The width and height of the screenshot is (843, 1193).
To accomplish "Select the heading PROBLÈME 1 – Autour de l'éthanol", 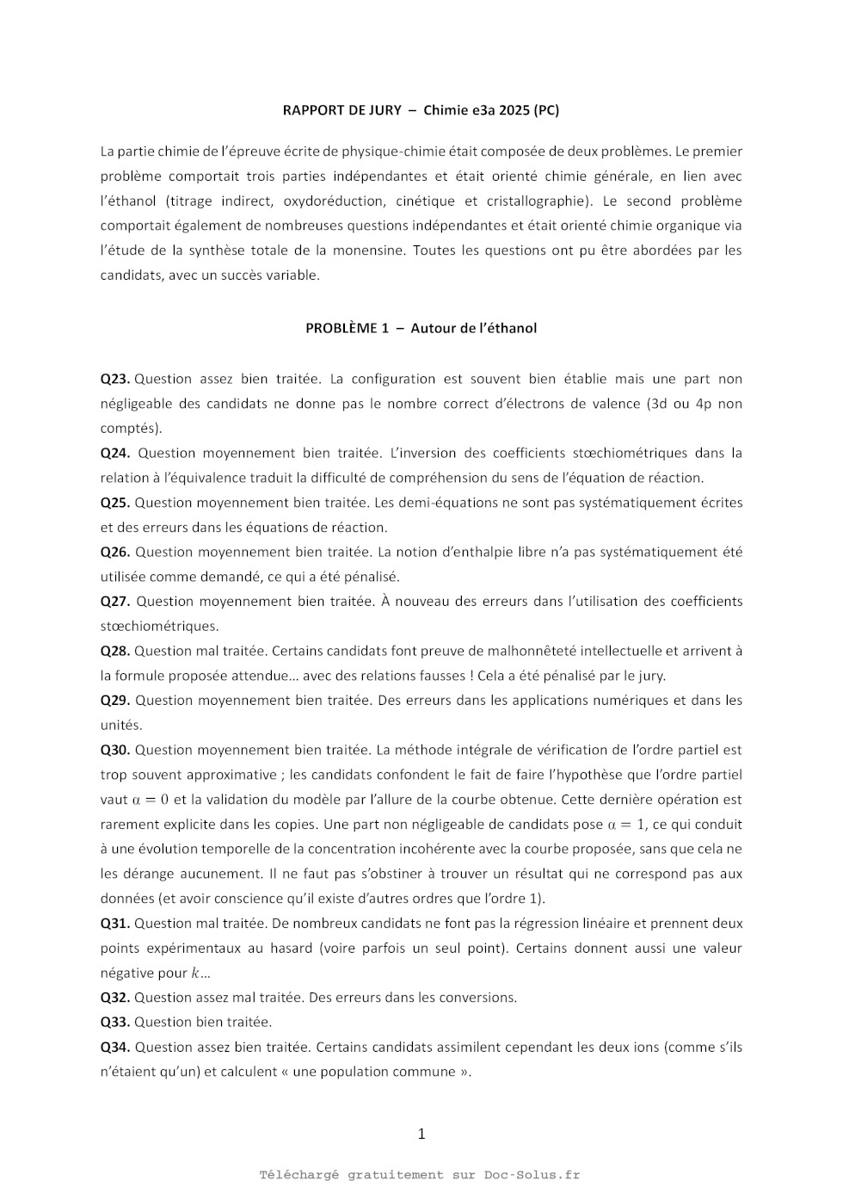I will tap(421, 328).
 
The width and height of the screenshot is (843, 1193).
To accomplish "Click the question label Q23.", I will tap(114, 379).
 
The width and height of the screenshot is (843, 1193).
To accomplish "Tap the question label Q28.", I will tap(114, 651).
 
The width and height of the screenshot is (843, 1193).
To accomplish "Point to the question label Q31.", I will tap(114, 923).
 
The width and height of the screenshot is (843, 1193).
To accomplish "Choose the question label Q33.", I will tap(114, 1022).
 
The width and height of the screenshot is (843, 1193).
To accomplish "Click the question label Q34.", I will tap(114, 1047).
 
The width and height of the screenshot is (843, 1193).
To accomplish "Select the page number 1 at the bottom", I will tap(421, 1134).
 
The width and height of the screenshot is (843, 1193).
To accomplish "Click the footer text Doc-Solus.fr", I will tap(532, 1175).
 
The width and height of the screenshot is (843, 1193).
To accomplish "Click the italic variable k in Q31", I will tap(195, 973).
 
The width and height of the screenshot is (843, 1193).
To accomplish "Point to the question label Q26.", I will tap(114, 552).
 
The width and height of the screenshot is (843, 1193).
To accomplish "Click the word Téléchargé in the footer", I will tap(299, 1175).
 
